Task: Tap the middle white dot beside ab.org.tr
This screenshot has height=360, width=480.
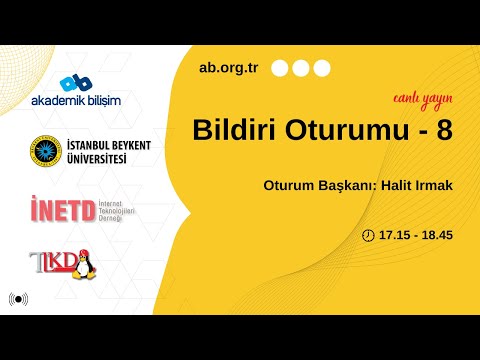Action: [x=300, y=69]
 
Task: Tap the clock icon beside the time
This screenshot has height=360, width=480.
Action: [x=368, y=235]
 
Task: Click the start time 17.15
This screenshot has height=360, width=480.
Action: [x=394, y=235]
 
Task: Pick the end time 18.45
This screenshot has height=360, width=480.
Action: [x=438, y=235]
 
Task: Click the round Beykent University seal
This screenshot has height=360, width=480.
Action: [x=44, y=151]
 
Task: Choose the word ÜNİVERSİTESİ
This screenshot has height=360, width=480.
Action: [x=98, y=159]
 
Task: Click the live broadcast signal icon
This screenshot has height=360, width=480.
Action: [x=18, y=298]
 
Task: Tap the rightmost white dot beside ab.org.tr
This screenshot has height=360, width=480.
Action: [x=321, y=69]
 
